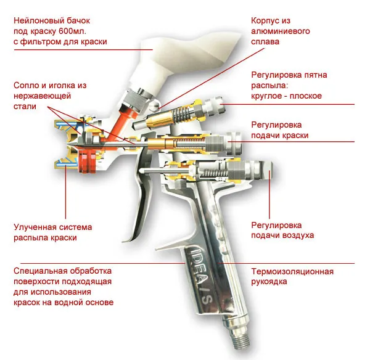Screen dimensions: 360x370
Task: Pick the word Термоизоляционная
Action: pyautogui.click(x=292, y=271)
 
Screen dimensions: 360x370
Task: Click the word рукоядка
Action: pyautogui.click(x=269, y=282)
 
